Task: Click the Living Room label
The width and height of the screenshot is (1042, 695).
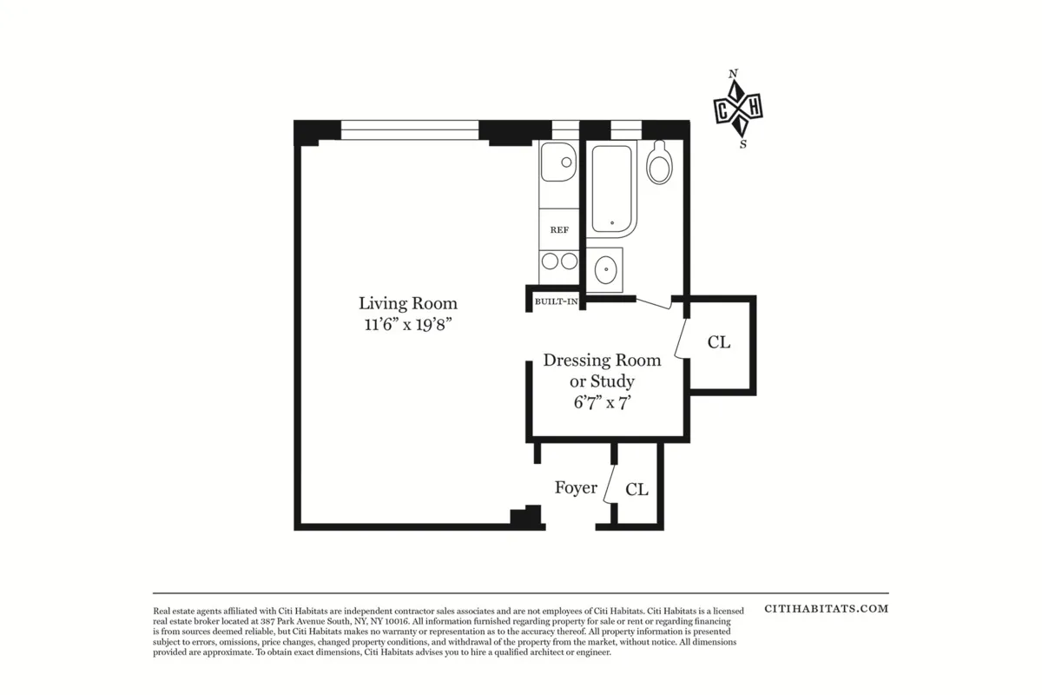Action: pyautogui.click(x=407, y=303)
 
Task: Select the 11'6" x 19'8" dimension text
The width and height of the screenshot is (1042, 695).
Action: pyautogui.click(x=407, y=325)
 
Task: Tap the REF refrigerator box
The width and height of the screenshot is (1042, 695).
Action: pyautogui.click(x=559, y=229)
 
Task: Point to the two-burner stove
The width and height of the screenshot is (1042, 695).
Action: pyautogui.click(x=558, y=261)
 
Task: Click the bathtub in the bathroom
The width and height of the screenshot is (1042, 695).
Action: pyautogui.click(x=612, y=189)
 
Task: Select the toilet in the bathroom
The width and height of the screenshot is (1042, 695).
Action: pyautogui.click(x=660, y=162)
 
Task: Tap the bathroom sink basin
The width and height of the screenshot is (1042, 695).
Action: pyautogui.click(x=606, y=269)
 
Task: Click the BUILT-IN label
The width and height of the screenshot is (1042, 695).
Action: pyautogui.click(x=556, y=301)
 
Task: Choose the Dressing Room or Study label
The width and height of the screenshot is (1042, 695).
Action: pyautogui.click(x=602, y=370)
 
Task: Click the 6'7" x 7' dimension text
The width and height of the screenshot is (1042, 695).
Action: pyautogui.click(x=602, y=402)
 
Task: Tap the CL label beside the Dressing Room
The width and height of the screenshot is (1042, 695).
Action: pyautogui.click(x=718, y=342)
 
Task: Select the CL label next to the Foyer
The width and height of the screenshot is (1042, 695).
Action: pyautogui.click(x=636, y=490)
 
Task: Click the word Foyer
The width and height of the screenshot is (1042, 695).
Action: pyautogui.click(x=576, y=487)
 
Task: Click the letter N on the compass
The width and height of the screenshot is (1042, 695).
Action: pyautogui.click(x=734, y=74)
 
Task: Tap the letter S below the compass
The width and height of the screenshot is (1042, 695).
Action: pyautogui.click(x=742, y=145)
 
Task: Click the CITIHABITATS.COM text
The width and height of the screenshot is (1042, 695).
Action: pyautogui.click(x=826, y=608)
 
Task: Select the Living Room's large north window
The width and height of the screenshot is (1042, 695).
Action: pyautogui.click(x=409, y=129)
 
